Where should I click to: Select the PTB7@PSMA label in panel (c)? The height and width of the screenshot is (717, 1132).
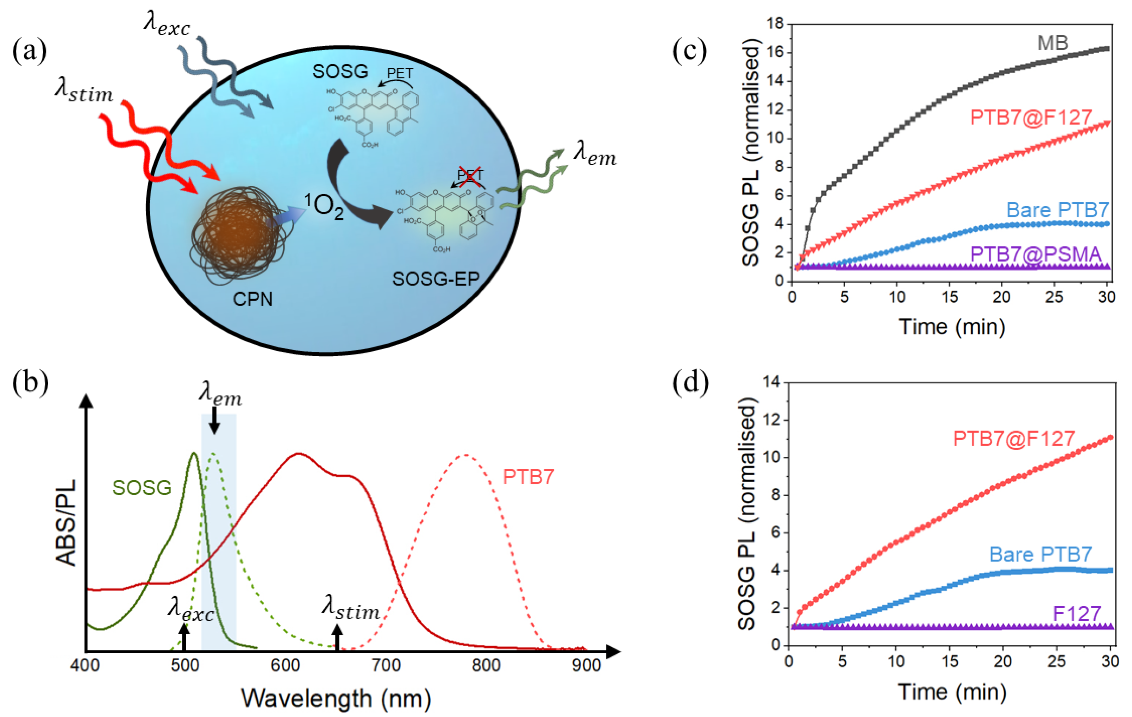click(x=1036, y=254)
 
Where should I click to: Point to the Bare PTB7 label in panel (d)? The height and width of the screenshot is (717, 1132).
click(x=1040, y=554)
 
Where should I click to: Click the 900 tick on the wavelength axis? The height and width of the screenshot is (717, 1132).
click(x=586, y=665)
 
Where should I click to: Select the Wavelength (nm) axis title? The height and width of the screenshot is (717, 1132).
click(x=336, y=698)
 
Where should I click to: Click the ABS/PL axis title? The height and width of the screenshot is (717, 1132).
click(x=66, y=522)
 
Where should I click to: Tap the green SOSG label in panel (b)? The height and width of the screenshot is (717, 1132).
click(x=142, y=488)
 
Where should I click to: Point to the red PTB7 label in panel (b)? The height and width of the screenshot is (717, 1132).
click(x=529, y=477)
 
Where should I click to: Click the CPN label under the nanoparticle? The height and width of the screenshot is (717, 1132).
click(x=252, y=299)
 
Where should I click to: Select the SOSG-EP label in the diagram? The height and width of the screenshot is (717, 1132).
click(x=436, y=279)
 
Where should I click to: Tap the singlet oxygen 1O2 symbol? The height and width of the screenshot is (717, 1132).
click(x=324, y=206)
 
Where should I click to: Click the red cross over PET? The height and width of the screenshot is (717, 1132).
click(x=470, y=177)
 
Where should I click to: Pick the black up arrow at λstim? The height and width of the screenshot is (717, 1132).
click(x=337, y=637)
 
